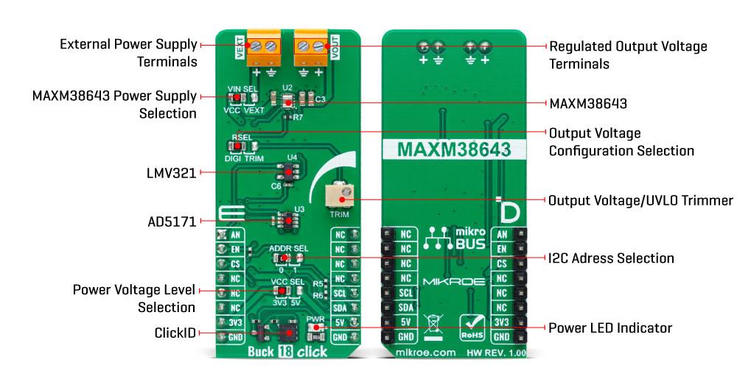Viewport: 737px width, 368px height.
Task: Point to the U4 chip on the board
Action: pos(284,172)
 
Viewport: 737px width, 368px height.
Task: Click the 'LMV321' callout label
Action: pos(172,174)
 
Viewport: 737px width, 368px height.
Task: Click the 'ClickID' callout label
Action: pos(175,333)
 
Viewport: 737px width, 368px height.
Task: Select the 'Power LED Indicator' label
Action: pos(610,327)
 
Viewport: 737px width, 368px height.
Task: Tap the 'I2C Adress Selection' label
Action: pos(611,258)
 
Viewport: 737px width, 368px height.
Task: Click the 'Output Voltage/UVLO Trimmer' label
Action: pos(640,200)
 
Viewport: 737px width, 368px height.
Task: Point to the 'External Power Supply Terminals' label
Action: pos(128,53)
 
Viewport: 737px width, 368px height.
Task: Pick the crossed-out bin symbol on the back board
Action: pos(433,325)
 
